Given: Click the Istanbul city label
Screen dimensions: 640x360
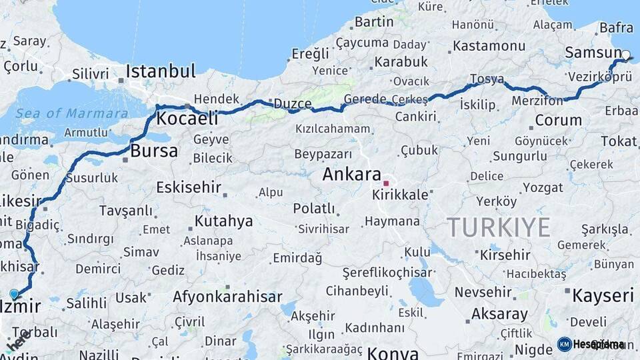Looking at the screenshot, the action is coord(161,71).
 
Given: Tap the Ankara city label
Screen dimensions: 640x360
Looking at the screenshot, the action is coord(351,175).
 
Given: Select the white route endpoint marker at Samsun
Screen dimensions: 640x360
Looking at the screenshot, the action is coord(626,55).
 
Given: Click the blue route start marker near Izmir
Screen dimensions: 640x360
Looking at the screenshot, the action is coord(14,293).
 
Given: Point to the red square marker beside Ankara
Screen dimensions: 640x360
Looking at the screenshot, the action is coord(386,183).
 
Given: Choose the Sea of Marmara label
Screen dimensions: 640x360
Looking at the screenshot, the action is coord(72,113).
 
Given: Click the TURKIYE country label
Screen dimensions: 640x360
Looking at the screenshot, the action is coord(499,227).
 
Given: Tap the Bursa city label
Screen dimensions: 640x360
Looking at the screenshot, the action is coord(154,151).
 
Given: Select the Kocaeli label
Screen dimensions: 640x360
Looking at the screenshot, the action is coord(187,119).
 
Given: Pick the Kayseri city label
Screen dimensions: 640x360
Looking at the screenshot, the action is coord(603,295).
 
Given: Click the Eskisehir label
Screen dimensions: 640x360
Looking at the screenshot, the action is coord(189,187).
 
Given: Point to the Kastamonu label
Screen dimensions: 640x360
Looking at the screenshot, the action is coord(489,46).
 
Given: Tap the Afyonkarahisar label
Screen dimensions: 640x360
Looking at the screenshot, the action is coord(227,297).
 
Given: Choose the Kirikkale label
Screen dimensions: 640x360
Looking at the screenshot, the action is coord(400,195).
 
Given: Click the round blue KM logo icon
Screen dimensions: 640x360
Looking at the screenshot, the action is coord(564,344).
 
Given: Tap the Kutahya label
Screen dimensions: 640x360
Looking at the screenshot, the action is coord(223,221).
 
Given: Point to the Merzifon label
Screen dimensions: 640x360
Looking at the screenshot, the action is coord(537,101).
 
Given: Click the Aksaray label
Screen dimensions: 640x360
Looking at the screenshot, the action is coord(499,313).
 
